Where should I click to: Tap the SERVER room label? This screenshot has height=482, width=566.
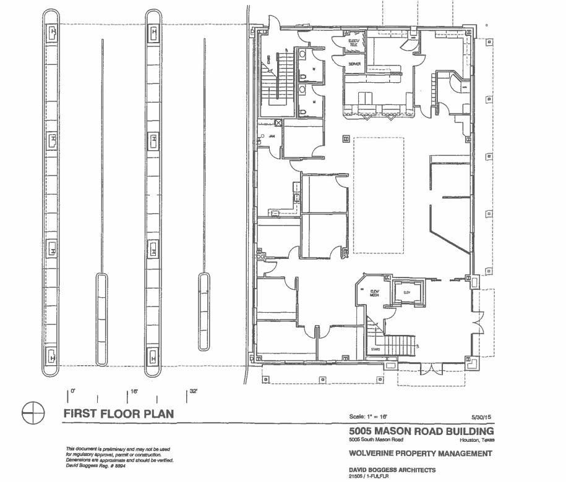pyautogui.click(x=354, y=64)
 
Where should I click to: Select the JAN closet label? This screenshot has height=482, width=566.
pyautogui.click(x=270, y=135)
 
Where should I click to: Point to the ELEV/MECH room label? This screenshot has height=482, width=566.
pyautogui.click(x=374, y=294)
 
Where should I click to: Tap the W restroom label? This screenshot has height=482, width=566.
pyautogui.click(x=314, y=69)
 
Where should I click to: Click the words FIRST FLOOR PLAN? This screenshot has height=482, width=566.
pyautogui.click(x=118, y=413)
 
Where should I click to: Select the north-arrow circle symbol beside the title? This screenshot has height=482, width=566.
pyautogui.click(x=33, y=413)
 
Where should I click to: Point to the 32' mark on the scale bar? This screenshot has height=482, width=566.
pyautogui.click(x=192, y=392)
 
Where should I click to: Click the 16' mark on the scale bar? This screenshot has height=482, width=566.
pyautogui.click(x=132, y=392)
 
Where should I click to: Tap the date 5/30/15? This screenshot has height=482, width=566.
pyautogui.click(x=481, y=417)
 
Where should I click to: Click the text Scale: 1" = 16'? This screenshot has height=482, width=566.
pyautogui.click(x=369, y=417)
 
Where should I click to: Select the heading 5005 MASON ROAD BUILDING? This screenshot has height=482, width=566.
pyautogui.click(x=421, y=431)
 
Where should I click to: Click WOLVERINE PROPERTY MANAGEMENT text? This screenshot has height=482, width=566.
pyautogui.click(x=421, y=454)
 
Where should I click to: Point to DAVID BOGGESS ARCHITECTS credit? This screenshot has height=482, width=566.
pyautogui.click(x=392, y=470)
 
